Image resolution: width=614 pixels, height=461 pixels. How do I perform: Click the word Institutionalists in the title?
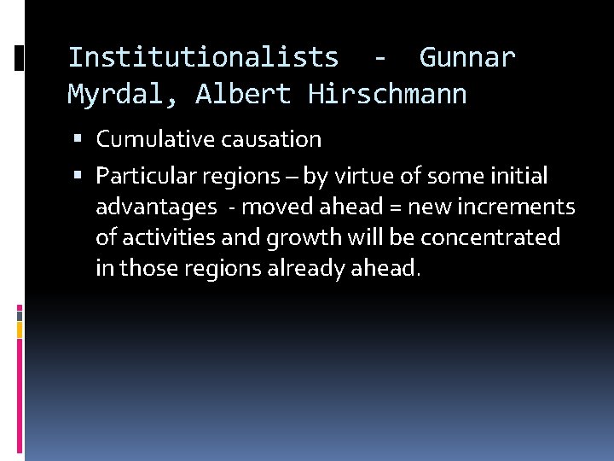[203, 57]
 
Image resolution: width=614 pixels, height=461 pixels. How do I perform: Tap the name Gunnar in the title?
[467, 57]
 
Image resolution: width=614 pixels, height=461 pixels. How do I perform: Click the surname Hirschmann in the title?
[387, 94]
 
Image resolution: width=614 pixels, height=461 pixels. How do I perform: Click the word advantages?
[156, 207]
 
